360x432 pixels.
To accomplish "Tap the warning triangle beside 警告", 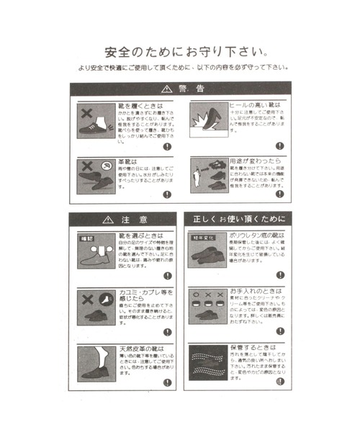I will coord(166,89).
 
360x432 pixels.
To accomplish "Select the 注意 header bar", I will coord(122,218).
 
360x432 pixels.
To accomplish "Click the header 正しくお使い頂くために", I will coord(237,218).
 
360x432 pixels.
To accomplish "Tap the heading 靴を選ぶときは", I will coord(140,235).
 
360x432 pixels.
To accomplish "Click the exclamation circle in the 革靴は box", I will coord(167,194).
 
